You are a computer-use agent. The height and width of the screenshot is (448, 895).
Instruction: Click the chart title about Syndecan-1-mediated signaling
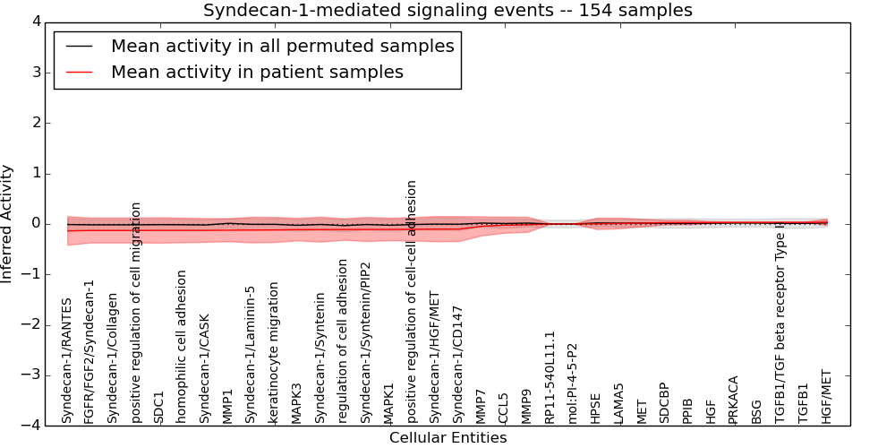click(x=447, y=10)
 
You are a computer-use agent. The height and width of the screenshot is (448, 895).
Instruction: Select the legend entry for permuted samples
click(x=282, y=46)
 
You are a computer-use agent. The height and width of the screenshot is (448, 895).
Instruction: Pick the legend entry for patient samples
click(x=257, y=72)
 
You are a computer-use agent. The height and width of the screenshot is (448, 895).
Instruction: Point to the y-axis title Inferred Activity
click(x=7, y=223)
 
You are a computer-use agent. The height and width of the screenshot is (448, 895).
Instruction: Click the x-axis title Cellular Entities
click(x=447, y=438)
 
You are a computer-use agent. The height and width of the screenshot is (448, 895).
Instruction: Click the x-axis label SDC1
click(x=159, y=407)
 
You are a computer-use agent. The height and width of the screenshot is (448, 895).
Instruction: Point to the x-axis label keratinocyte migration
click(x=274, y=353)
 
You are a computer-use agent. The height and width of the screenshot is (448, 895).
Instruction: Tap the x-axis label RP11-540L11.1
click(x=550, y=377)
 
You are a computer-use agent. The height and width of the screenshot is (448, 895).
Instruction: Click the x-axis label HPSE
click(x=596, y=407)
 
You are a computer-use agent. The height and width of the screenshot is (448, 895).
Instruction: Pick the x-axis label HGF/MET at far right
click(x=826, y=397)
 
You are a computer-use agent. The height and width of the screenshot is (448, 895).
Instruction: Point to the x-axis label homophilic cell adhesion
click(x=182, y=347)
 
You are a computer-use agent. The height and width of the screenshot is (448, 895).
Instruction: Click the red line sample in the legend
click(x=79, y=72)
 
